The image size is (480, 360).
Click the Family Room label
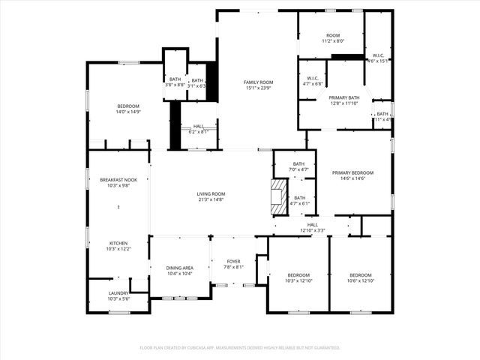coord(257,82)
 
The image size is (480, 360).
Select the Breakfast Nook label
coord(118,180)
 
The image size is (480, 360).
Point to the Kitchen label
coord(118,244)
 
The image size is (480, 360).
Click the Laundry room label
coord(118,292)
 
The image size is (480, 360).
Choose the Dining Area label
coord(178,268)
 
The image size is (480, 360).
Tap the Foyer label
coord(233,261)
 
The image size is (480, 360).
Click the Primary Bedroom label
coord(352,172)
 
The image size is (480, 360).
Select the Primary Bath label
coord(343,97)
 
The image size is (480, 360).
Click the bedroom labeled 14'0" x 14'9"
coord(127,106)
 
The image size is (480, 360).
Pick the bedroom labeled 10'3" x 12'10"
coord(298,275)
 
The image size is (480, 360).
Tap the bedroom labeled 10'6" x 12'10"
coord(360,275)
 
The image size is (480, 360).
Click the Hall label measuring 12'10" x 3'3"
coord(313,224)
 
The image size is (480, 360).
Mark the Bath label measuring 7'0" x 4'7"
coord(298,164)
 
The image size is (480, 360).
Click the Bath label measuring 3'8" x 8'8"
coord(175,79)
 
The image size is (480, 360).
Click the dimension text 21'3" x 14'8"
coord(211,199)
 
